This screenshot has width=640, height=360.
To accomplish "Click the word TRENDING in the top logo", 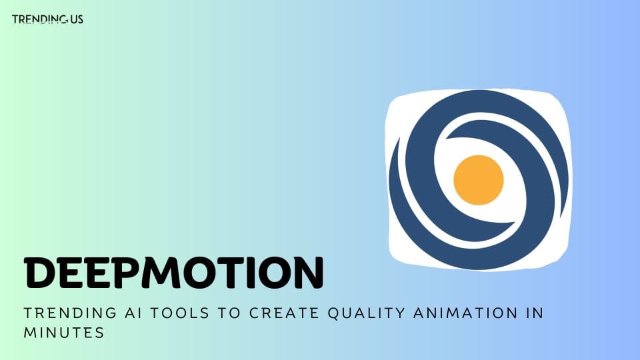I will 39,19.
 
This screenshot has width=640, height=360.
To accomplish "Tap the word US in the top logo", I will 76,19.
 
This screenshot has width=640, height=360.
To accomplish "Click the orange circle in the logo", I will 478,179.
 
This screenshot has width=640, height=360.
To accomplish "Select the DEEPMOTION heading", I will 173,273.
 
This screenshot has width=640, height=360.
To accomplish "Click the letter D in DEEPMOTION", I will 42,273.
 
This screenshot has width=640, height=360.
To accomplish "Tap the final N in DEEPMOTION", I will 306,273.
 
